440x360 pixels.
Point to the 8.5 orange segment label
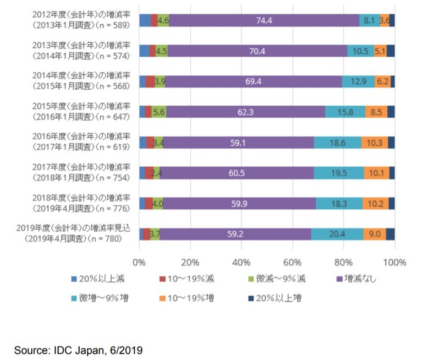376,112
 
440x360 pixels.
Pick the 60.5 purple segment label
236,173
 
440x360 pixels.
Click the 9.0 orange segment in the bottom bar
375,233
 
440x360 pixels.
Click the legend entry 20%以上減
98,279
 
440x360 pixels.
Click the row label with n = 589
77,21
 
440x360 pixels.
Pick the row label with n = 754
77,173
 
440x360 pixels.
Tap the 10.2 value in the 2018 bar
376,203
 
